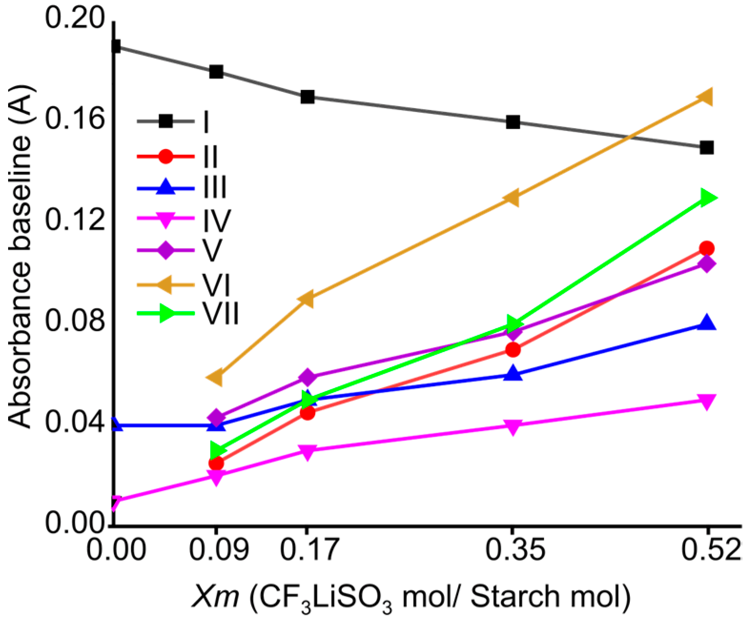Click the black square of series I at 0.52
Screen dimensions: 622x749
click(x=707, y=148)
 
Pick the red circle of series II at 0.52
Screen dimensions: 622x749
click(x=707, y=248)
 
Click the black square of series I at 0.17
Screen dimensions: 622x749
click(x=308, y=97)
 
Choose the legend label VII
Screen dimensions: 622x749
click(x=220, y=313)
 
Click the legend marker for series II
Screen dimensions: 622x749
click(x=165, y=156)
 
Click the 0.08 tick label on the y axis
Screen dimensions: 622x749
click(x=74, y=321)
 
